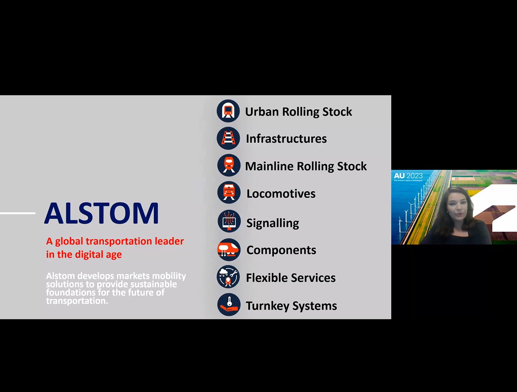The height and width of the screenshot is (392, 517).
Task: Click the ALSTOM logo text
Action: pos(101,213)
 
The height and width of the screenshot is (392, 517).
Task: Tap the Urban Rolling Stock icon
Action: pos(228,111)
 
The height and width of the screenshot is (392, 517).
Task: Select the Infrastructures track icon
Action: pos(228,138)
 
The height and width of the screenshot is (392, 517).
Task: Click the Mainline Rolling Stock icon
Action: pos(229,165)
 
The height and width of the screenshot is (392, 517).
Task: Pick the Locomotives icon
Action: pos(229,193)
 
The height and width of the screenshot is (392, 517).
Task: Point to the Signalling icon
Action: pos(229,221)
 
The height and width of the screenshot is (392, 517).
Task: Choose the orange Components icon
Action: pos(229,250)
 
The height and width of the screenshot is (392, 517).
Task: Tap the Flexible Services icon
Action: pos(228,277)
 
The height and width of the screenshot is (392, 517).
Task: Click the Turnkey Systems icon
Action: pos(229,305)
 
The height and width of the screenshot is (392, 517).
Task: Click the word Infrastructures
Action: pos(286,139)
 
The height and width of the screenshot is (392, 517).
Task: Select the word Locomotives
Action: pos(281,194)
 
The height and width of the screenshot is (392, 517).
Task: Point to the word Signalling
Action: pos(273,223)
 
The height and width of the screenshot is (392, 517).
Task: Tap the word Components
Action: pos(281,250)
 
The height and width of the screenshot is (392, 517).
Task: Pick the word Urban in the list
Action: pos(262,112)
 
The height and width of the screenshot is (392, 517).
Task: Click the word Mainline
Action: pos(269,166)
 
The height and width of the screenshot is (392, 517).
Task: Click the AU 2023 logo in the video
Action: pos(408,176)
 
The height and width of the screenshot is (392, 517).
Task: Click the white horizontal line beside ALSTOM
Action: pos(18,213)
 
